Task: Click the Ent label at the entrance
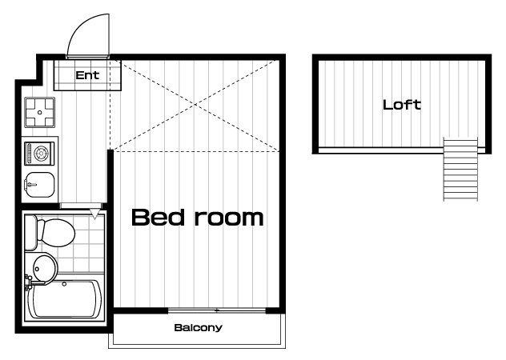point(87,75)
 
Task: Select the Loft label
point(402,105)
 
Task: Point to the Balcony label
point(198,328)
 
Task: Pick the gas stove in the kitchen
point(40,112)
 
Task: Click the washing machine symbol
point(40,154)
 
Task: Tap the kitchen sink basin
point(39,185)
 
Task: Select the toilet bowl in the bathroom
point(56,233)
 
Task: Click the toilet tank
point(31,232)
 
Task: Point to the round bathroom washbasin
point(45,269)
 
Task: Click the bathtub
point(66,298)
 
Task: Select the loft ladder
point(460,169)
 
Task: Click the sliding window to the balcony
point(217,310)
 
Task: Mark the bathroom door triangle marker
point(94,214)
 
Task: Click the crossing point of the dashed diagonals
point(195,105)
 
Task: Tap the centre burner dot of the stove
point(40,112)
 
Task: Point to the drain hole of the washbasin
point(37,269)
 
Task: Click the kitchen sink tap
point(31,185)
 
